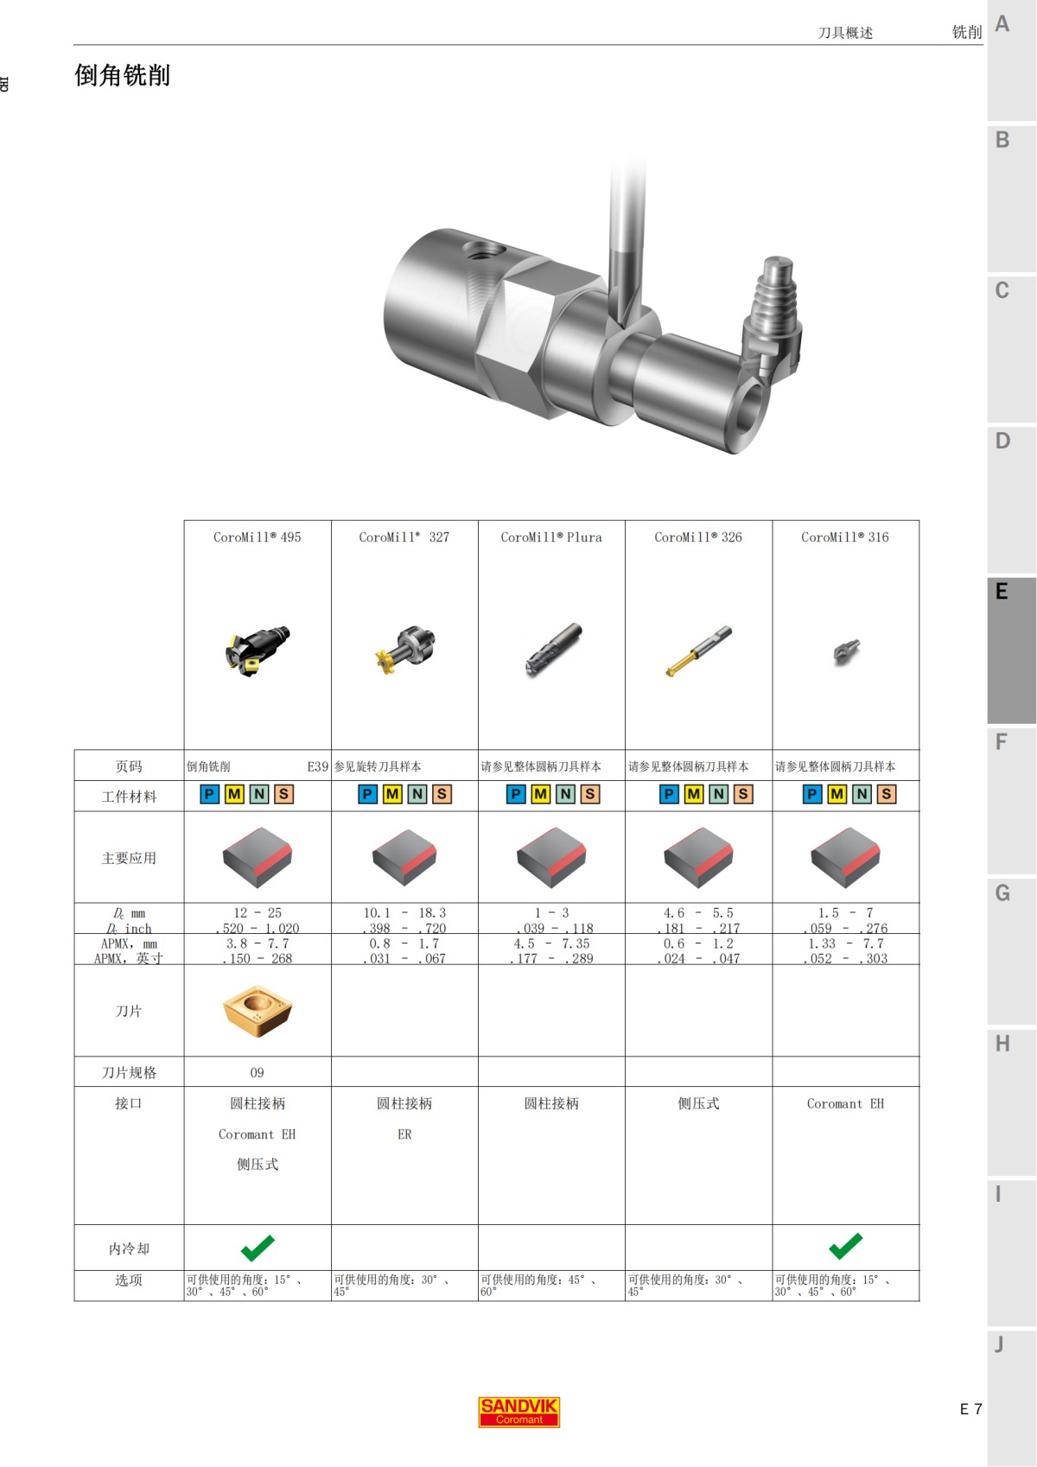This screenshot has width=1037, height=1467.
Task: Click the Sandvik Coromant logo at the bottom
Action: [518, 1412]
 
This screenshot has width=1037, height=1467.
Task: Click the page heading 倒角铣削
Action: [122, 75]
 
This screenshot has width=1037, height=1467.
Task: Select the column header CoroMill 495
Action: [257, 537]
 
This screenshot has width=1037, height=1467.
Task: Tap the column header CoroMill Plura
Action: [551, 537]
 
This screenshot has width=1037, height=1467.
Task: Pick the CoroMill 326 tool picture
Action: [698, 651]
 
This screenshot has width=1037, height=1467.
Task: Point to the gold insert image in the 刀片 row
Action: [258, 1011]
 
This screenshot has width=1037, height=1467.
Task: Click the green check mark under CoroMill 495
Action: [258, 1248]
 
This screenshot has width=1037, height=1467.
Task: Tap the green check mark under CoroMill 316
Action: [846, 1247]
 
